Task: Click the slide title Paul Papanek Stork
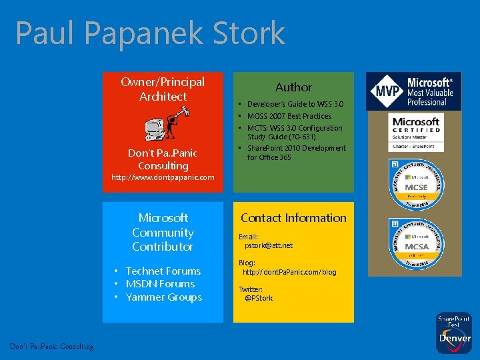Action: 150,33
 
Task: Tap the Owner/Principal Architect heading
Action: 163,89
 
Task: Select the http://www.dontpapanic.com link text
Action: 163,177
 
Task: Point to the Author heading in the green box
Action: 293,87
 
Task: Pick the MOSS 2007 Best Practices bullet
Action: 289,116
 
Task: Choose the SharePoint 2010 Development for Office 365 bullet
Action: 296,153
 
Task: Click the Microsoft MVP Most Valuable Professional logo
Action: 413,91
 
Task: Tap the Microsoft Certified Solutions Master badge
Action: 416,133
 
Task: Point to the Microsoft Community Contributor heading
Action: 163,232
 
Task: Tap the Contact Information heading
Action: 293,217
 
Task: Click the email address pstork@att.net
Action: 269,245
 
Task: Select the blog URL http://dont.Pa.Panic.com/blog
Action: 289,272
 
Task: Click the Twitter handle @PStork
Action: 259,298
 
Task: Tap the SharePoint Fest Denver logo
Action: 454,332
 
